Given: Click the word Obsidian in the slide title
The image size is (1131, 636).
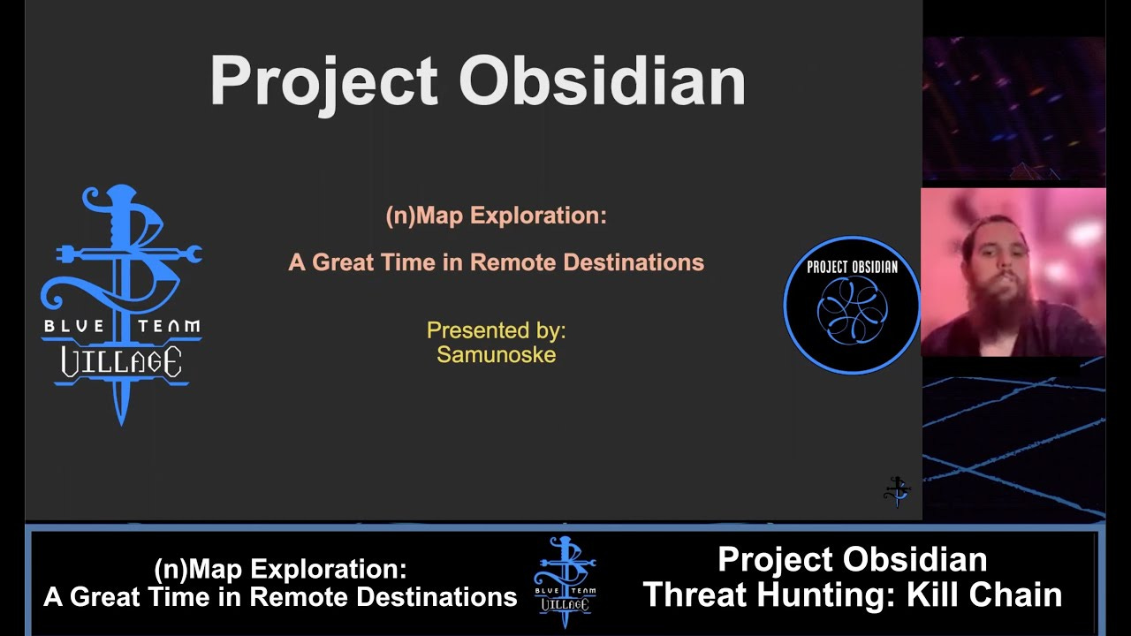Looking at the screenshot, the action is pyautogui.click(x=602, y=79).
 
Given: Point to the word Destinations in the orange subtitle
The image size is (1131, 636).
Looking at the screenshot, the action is pyautogui.click(x=634, y=262).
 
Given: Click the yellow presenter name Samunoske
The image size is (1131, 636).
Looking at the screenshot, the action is pyautogui.click(x=497, y=355).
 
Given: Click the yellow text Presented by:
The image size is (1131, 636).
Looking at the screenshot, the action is pyautogui.click(x=497, y=330).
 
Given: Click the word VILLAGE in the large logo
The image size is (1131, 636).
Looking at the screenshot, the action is pyautogui.click(x=121, y=361).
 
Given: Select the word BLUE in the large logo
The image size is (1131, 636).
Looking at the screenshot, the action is pyautogui.click(x=73, y=326).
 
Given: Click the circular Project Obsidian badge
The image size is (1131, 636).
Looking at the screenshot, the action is pyautogui.click(x=852, y=305).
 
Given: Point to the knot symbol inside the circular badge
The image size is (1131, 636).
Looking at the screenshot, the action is pyautogui.click(x=853, y=312).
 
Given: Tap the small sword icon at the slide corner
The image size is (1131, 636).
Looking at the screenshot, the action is pyautogui.click(x=897, y=492).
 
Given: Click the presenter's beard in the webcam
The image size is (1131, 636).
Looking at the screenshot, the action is pyautogui.click(x=1001, y=307).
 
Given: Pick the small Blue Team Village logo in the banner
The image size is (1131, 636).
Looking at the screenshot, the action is pyautogui.click(x=565, y=582).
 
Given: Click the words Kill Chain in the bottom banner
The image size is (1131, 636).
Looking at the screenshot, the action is pyautogui.click(x=984, y=594).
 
